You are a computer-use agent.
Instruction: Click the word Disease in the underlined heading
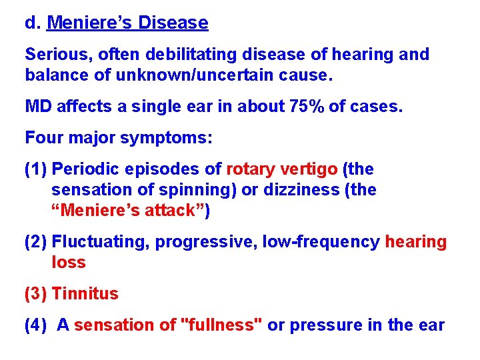[173, 23]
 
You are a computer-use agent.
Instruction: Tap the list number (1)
[35, 169]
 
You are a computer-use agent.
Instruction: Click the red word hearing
[416, 242]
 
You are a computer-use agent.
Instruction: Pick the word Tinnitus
[85, 294]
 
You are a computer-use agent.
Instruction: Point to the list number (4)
[35, 325]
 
